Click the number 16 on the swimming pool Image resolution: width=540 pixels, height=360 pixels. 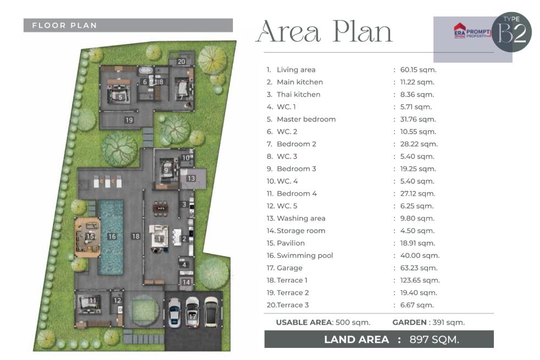pos(112,236)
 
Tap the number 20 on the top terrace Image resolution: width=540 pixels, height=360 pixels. pos(181,62)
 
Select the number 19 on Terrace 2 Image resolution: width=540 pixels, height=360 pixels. pos(129,120)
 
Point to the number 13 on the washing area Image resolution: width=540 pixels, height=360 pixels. pos(191,178)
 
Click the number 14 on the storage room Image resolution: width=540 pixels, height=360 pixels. pos(186,282)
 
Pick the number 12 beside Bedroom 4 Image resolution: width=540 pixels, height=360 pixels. pos(118,301)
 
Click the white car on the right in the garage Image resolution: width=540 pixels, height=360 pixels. pos(211,312)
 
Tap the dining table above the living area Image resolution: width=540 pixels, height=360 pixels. pos(160,208)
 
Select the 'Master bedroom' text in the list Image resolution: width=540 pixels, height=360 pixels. pos(306,119)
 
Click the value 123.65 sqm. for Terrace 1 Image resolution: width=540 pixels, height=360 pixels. pos(420,280)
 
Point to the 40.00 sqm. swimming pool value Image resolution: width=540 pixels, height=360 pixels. pos(420,256)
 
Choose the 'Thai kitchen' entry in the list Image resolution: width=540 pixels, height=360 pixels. pos(298,95)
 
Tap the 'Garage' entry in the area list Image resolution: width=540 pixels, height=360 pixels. pos(290,268)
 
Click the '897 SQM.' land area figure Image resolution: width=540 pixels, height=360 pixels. pos(435,340)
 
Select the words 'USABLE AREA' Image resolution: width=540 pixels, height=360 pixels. pos(304,323)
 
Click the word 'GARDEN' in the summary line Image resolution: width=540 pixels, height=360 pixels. pos(409,323)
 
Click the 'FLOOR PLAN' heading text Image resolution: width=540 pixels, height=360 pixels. pos(64,25)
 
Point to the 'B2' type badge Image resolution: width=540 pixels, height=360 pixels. pos(513,34)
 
